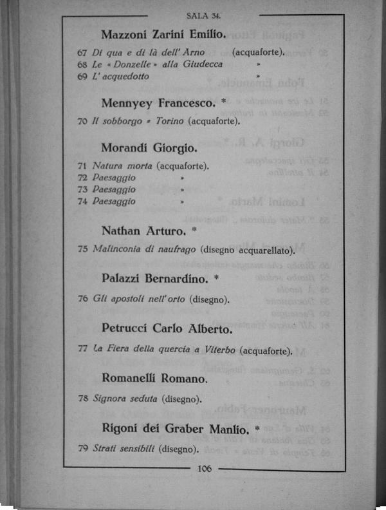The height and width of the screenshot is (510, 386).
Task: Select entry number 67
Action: tap(82, 52)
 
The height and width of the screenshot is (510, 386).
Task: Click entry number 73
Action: tap(82, 189)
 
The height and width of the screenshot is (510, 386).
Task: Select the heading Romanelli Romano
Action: tap(154, 378)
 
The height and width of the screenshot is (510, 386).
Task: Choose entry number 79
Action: tap(82, 448)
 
